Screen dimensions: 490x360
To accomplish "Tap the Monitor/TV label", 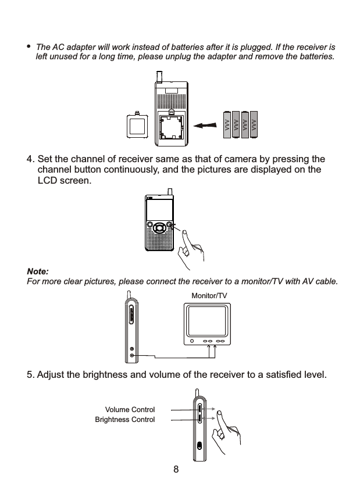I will click(209, 296).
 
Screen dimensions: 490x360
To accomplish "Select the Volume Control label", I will click(130, 410).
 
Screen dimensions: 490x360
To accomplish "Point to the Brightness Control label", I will click(125, 419).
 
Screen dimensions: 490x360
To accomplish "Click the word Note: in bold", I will click(38, 272).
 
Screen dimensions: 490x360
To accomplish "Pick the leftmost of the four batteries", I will click(227, 125).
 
